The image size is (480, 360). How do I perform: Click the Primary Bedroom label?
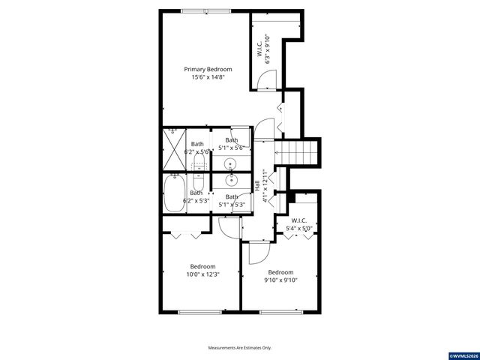(x=204, y=69)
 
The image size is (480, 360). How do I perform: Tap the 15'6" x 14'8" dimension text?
(x=204, y=76)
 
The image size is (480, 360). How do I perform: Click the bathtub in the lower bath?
(x=175, y=193)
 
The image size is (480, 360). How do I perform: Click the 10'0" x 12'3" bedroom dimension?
(x=202, y=274)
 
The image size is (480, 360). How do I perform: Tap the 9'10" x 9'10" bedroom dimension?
(x=280, y=280)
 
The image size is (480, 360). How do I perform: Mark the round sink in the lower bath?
(x=231, y=180)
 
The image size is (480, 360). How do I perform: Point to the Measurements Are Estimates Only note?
(x=240, y=347)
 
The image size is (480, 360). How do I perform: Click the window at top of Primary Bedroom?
(x=205, y=10)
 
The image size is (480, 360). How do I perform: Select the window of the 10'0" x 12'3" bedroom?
(x=199, y=311)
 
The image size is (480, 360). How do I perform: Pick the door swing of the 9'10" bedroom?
(x=256, y=253)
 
